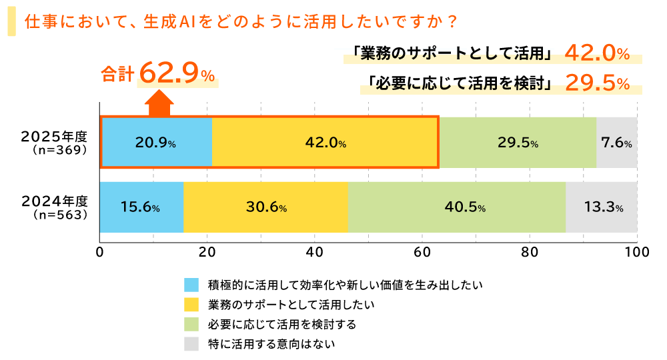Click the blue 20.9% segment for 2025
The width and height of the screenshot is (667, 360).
tap(157, 143)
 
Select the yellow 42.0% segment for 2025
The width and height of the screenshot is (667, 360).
tap(325, 143)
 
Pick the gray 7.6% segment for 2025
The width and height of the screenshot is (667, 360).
tap(616, 143)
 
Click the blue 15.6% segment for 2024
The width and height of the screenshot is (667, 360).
tap(141, 207)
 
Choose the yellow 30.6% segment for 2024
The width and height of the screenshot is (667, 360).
tap(265, 207)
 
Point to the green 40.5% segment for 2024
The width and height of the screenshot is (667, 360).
tap(456, 207)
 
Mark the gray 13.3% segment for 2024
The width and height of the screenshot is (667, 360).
tap(602, 207)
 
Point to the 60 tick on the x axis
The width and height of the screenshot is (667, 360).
tap(422, 253)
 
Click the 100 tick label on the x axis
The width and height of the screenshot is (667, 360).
tap(637, 253)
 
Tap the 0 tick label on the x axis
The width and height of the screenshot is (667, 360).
tap(100, 253)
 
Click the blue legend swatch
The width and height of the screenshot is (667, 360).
tap(191, 285)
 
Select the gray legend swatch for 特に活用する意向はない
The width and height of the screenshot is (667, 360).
tap(191, 345)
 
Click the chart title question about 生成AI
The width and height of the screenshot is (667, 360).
tap(240, 21)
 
